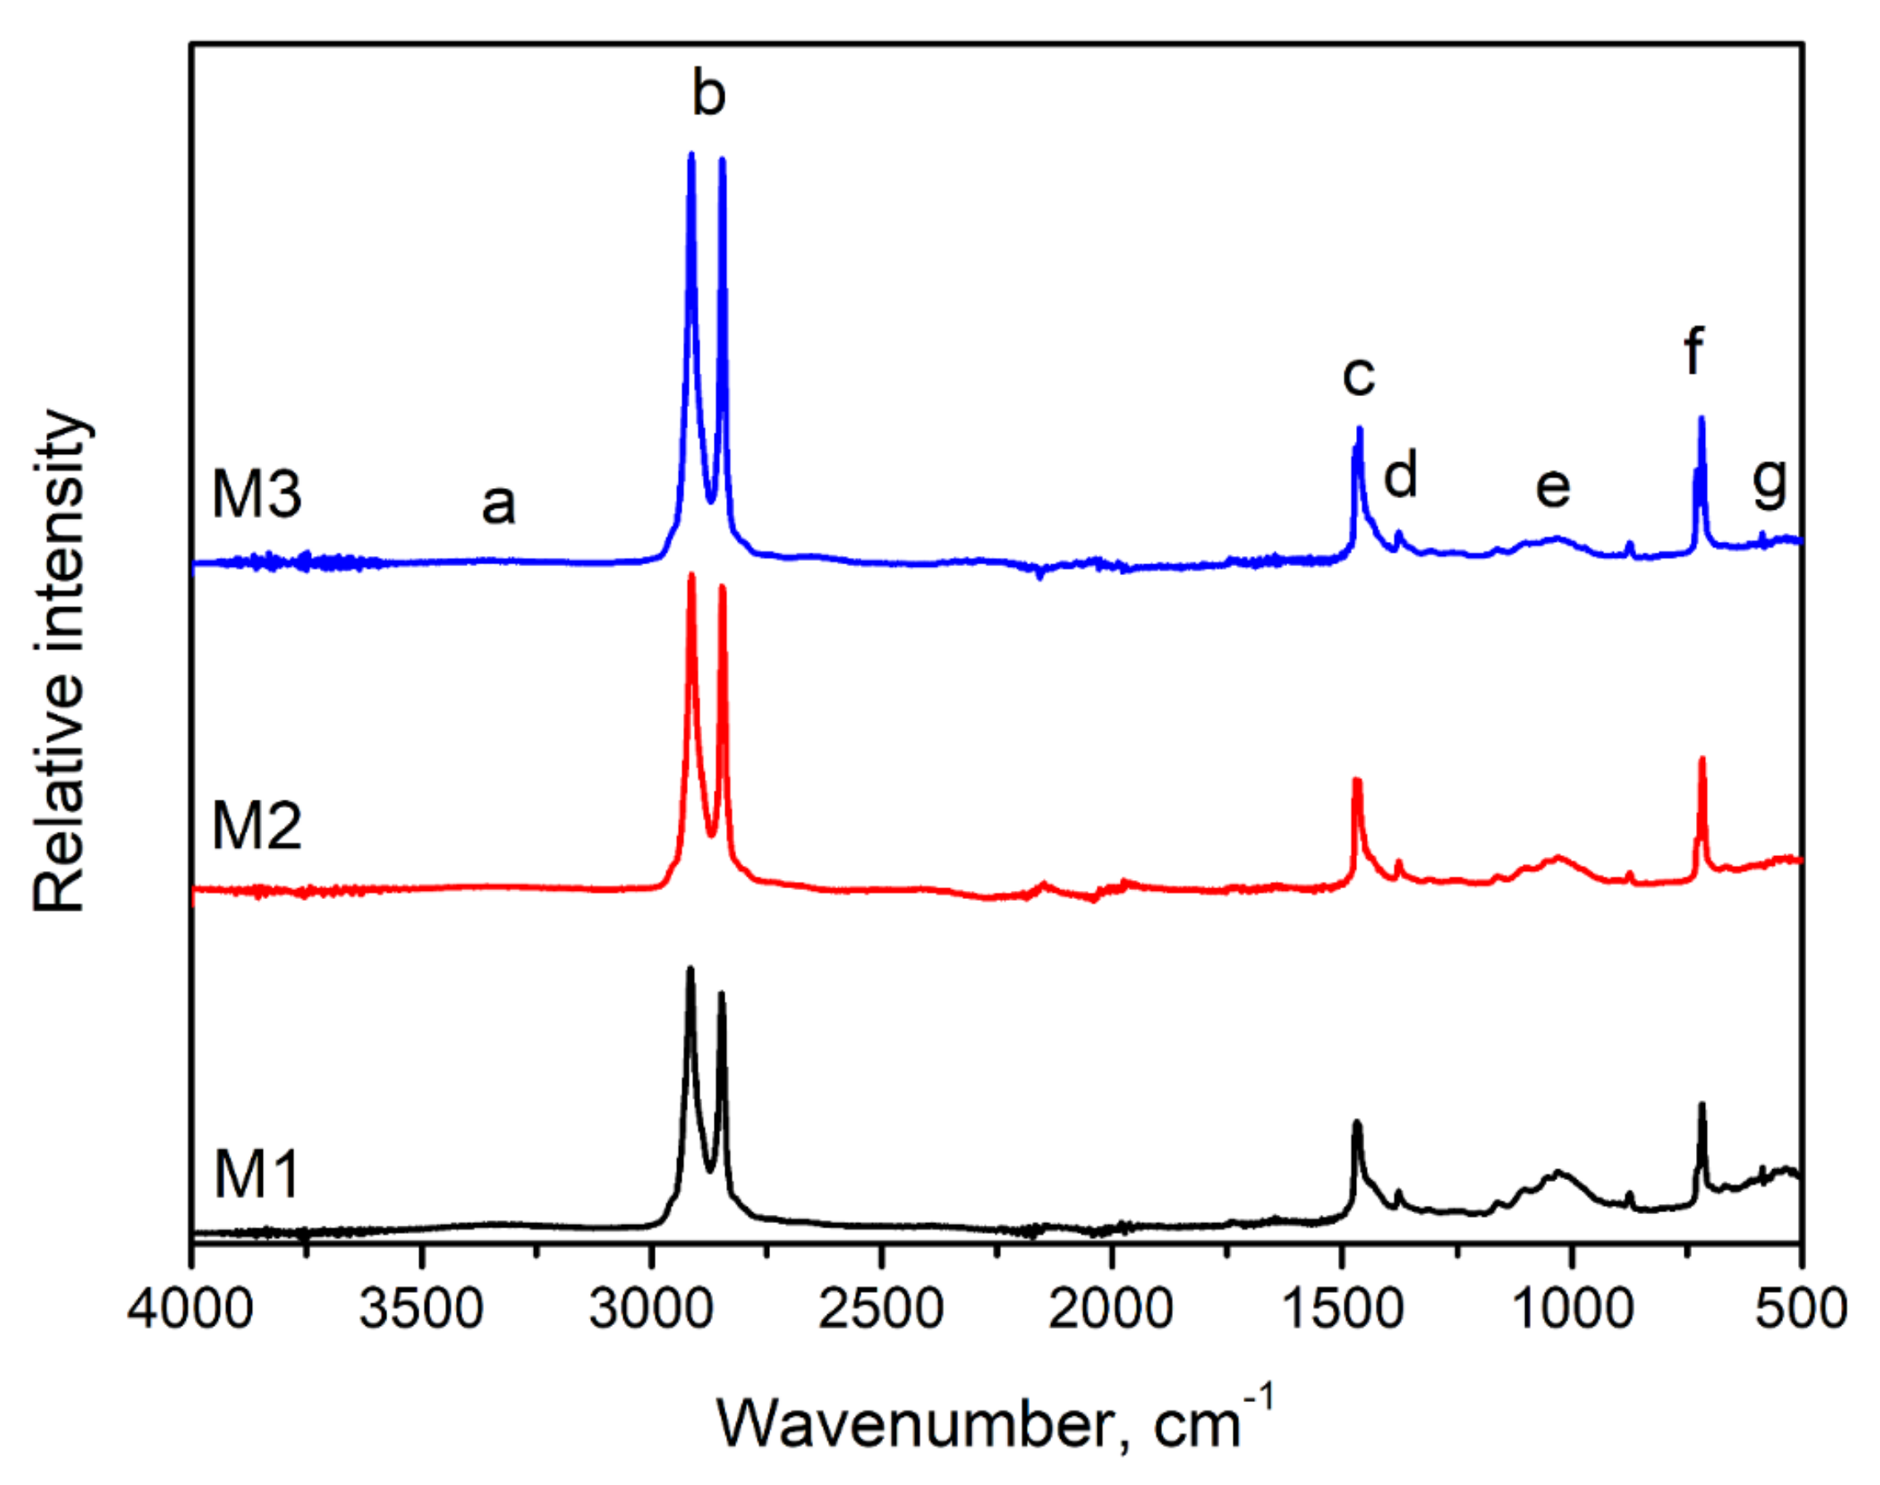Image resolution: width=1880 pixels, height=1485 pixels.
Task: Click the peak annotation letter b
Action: coord(708,93)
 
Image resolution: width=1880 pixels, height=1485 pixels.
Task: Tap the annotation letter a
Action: coord(498,505)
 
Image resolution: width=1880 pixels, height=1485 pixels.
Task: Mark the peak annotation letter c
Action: coord(1359,375)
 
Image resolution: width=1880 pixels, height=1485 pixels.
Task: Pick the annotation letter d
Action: coord(1401,475)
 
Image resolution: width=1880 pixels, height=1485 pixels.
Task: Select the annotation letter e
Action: coord(1553,487)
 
